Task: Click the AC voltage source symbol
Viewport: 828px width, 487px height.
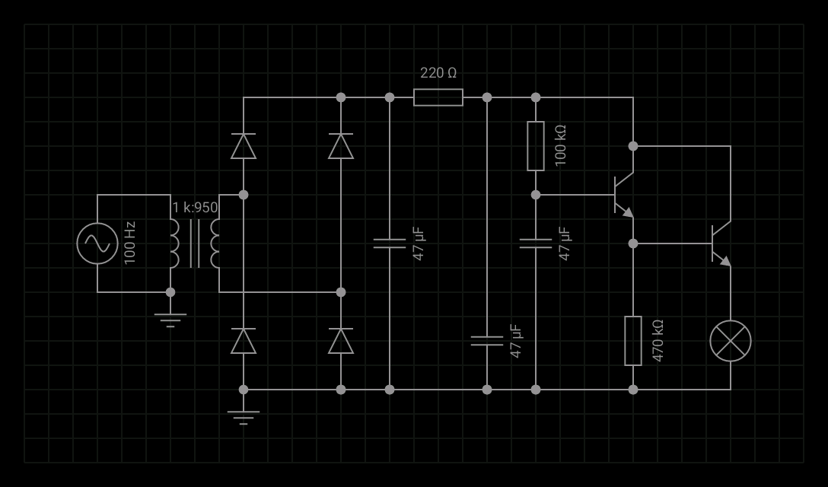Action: point(97,243)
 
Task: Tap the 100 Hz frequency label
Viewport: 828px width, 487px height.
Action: point(130,243)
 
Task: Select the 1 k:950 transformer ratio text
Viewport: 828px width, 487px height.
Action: point(195,208)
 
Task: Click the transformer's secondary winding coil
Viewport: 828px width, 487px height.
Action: point(215,243)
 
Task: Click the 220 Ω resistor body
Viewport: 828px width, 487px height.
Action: point(438,97)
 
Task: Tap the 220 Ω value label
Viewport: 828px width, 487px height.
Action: point(438,73)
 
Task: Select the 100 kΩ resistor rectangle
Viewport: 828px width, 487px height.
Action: point(536,146)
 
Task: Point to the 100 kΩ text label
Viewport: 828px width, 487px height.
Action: point(561,146)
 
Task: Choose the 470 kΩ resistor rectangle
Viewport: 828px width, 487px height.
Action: point(633,341)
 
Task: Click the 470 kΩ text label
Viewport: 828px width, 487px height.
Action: point(658,341)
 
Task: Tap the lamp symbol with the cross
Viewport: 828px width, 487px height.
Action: point(731,341)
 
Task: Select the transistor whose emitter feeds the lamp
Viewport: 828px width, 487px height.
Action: point(720,243)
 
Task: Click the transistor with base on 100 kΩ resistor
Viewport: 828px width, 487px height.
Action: point(623,195)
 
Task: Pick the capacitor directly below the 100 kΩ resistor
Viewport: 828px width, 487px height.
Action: point(536,243)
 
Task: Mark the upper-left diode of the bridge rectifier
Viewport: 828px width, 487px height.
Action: point(244,146)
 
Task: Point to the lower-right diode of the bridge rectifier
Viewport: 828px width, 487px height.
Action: point(341,341)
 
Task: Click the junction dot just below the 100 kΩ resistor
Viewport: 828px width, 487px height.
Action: point(536,195)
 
